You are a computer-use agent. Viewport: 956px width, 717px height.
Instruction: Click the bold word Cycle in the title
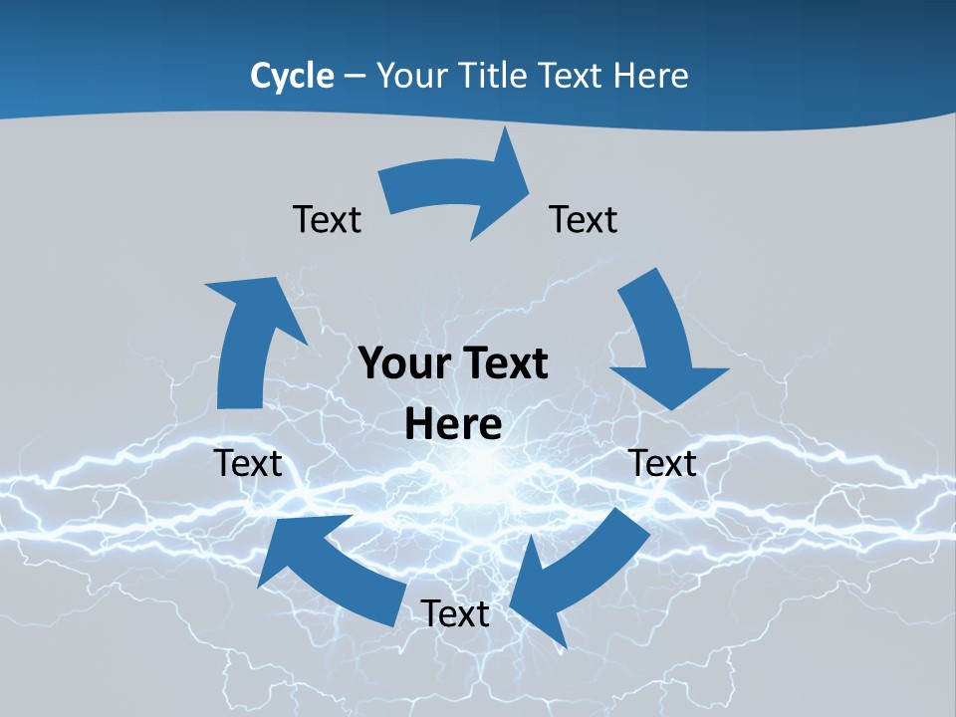pyautogui.click(x=292, y=76)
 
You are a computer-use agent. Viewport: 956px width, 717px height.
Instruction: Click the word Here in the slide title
pyautogui.click(x=651, y=76)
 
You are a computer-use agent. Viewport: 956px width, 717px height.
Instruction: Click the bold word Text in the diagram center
pyautogui.click(x=501, y=363)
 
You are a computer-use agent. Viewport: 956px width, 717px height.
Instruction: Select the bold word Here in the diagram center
pyautogui.click(x=453, y=424)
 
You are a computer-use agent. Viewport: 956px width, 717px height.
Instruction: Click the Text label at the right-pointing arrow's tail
pyautogui.click(x=327, y=219)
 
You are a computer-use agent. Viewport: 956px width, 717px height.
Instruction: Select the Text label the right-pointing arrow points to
pyautogui.click(x=584, y=219)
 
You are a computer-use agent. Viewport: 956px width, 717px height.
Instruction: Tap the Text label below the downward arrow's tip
pyautogui.click(x=662, y=463)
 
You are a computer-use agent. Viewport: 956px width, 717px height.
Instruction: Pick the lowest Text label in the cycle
pyautogui.click(x=455, y=613)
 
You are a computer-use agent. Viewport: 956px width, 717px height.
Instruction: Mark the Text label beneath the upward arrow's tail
pyautogui.click(x=248, y=463)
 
